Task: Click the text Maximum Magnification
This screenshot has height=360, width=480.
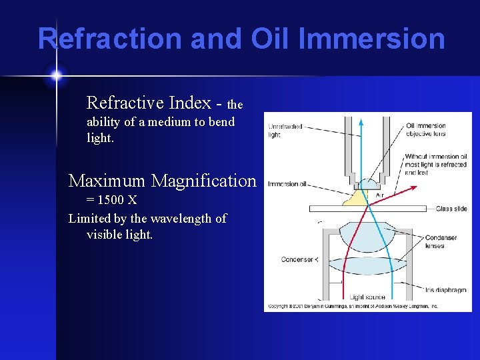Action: pyautogui.click(x=162, y=181)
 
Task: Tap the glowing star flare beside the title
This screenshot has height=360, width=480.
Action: pyautogui.click(x=56, y=75)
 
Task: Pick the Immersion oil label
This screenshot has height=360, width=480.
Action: pyautogui.click(x=287, y=184)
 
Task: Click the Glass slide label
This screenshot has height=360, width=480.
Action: pyautogui.click(x=451, y=209)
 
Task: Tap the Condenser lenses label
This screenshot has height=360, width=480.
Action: pyautogui.click(x=440, y=241)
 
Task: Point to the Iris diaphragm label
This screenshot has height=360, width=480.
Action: pyautogui.click(x=445, y=289)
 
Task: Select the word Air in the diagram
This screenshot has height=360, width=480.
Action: pyautogui.click(x=379, y=195)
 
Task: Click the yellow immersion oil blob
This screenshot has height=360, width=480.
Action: pyautogui.click(x=354, y=197)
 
